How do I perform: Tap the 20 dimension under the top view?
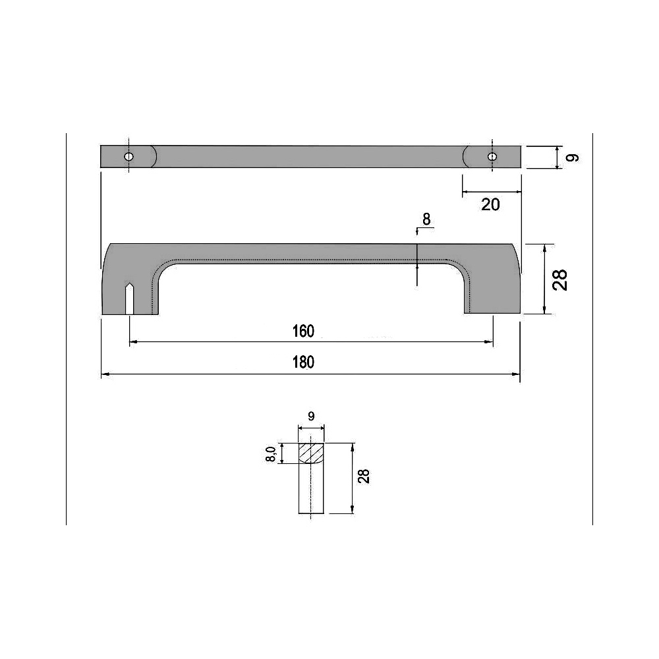[x=490, y=204]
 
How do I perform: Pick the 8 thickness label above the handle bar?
[x=426, y=219]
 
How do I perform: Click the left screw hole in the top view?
[x=129, y=157]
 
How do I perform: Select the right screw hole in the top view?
[x=492, y=157]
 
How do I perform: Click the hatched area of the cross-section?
[x=311, y=453]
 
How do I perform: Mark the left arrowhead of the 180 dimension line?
[x=104, y=374]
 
